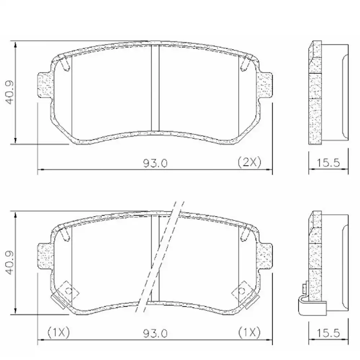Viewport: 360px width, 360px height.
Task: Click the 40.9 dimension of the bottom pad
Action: click(x=10, y=263)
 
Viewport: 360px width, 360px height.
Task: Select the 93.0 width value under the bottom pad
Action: click(x=155, y=333)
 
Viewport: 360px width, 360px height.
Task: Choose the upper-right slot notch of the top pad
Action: click(x=246, y=64)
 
